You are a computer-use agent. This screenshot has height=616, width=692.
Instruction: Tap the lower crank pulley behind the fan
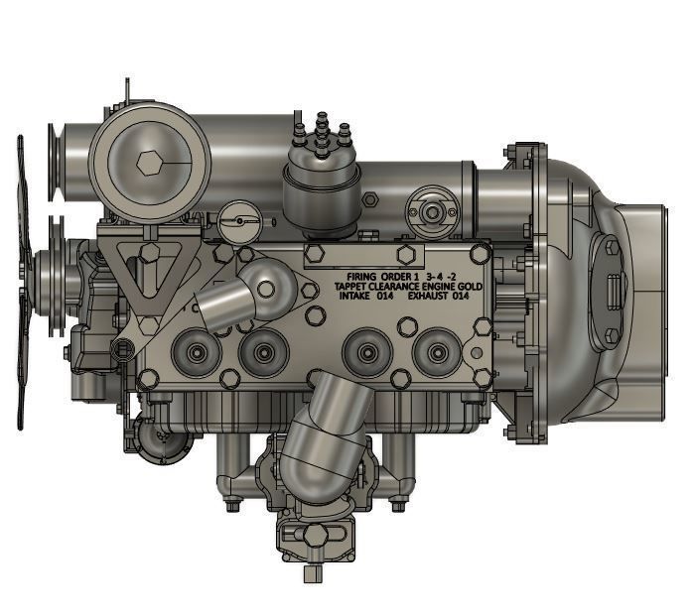coord(56,267)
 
